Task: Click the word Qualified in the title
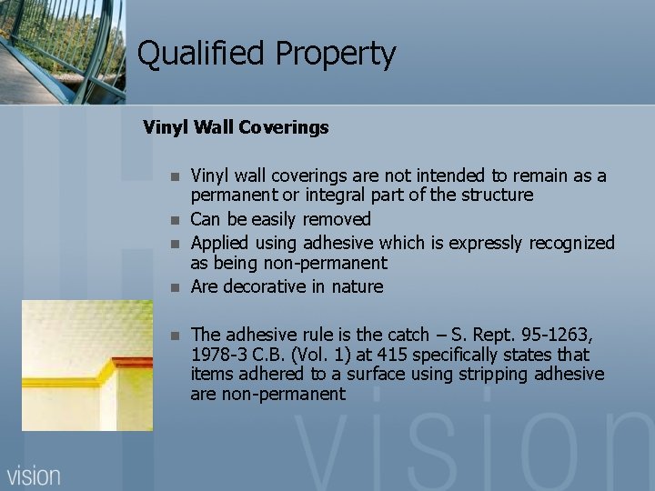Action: [188, 55]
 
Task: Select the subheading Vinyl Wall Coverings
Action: [236, 127]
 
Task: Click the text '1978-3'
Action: [218, 354]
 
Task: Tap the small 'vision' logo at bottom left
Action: [35, 475]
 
